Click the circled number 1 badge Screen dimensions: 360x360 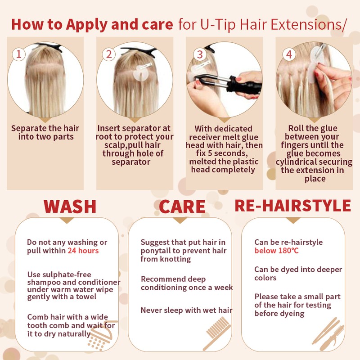(18, 54)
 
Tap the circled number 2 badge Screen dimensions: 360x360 (109, 54)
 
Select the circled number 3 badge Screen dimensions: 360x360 (200, 54)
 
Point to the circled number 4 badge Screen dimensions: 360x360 (289, 54)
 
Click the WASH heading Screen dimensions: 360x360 (70, 207)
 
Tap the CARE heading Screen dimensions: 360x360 (182, 207)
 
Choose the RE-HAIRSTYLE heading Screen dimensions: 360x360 (293, 205)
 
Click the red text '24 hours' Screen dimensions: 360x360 (83, 251)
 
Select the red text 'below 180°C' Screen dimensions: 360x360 (277, 251)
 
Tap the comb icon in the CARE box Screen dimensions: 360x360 (217, 333)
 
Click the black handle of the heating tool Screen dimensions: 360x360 (244, 85)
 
